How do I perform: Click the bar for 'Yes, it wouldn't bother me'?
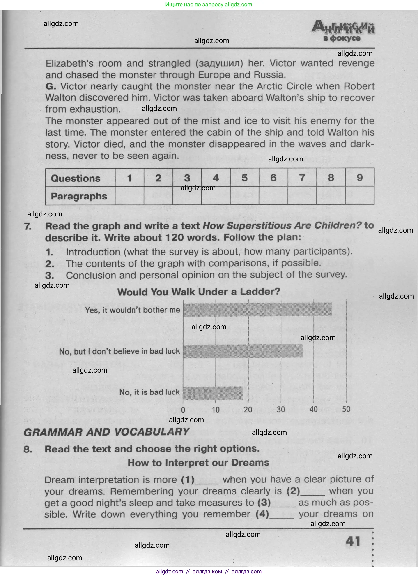(x=257, y=309)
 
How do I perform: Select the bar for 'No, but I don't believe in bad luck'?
(x=243, y=351)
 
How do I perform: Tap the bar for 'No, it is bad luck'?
(x=213, y=393)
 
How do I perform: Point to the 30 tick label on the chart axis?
(x=281, y=409)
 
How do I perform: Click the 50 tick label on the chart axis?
(x=346, y=409)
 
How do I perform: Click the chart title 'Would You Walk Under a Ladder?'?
(x=199, y=292)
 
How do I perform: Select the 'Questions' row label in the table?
(x=76, y=178)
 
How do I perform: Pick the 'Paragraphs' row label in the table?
(x=79, y=196)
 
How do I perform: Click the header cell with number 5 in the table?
(x=245, y=178)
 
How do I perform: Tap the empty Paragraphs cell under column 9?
(x=360, y=195)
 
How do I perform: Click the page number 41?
(x=353, y=541)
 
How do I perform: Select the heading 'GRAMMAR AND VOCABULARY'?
(x=106, y=432)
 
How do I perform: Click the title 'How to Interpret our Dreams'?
(x=198, y=463)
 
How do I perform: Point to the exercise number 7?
(x=28, y=226)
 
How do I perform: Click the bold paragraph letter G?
(x=51, y=86)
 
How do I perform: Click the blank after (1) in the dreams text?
(x=207, y=481)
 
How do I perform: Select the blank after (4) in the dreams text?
(x=281, y=515)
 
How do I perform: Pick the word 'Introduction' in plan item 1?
(x=93, y=252)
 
